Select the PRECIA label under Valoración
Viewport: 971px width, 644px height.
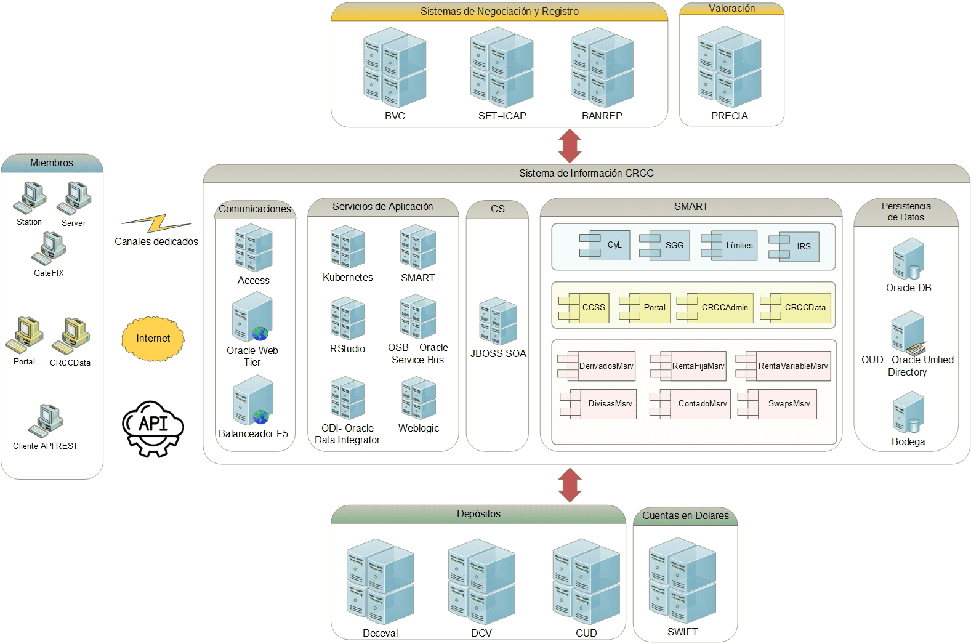pyautogui.click(x=730, y=116)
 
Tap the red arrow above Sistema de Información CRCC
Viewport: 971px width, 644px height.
pyautogui.click(x=570, y=146)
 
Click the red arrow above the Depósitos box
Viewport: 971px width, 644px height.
pyautogui.click(x=570, y=485)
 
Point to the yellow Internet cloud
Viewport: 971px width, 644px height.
pyautogui.click(x=153, y=339)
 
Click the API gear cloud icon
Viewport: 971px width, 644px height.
pyautogui.click(x=153, y=428)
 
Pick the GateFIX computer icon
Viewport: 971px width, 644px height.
pyautogui.click(x=49, y=248)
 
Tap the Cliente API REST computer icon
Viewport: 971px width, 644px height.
pyautogui.click(x=46, y=421)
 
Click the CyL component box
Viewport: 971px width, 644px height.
pyautogui.click(x=605, y=245)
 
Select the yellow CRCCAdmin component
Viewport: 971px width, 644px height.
pyautogui.click(x=715, y=307)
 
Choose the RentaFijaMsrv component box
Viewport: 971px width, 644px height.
pyautogui.click(x=688, y=366)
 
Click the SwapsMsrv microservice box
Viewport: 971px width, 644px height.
pyautogui.click(x=778, y=404)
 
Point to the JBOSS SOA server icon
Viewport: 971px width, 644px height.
pyautogui.click(x=498, y=321)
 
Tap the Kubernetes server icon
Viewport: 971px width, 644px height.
pyautogui.click(x=347, y=247)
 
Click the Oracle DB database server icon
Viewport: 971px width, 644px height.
pyautogui.click(x=909, y=259)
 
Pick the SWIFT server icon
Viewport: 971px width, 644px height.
pyautogui.click(x=682, y=580)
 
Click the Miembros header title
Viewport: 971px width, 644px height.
pyautogui.click(x=52, y=163)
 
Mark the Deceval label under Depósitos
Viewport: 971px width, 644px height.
pyautogui.click(x=381, y=633)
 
